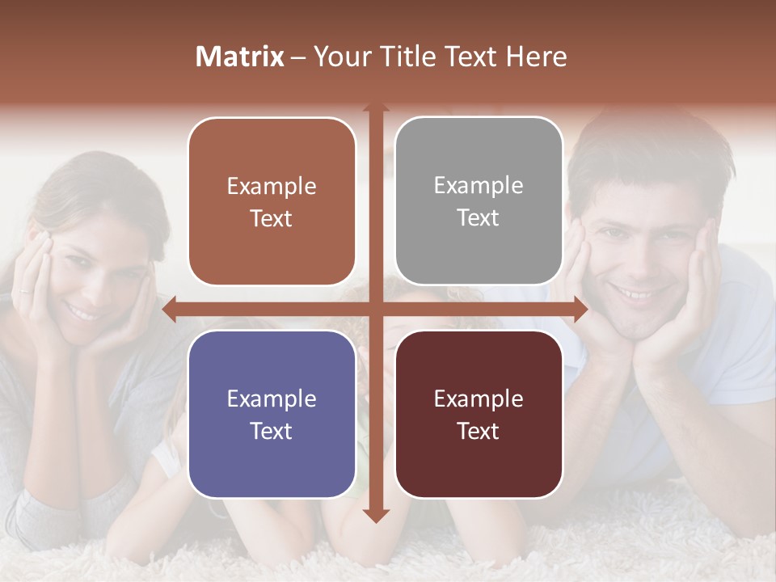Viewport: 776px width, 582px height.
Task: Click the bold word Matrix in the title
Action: pyautogui.click(x=240, y=57)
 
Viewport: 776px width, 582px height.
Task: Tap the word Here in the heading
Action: pyautogui.click(x=536, y=57)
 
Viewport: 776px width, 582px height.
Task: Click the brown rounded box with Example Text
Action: pyautogui.click(x=272, y=201)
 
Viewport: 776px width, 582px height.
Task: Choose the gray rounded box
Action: pyautogui.click(x=479, y=201)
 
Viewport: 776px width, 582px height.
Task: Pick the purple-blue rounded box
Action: pyautogui.click(x=272, y=414)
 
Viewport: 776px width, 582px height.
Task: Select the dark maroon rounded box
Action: pyautogui.click(x=479, y=414)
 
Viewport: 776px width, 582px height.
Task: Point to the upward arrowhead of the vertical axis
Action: pyautogui.click(x=376, y=108)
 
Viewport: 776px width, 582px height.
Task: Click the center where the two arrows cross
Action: pyautogui.click(x=376, y=310)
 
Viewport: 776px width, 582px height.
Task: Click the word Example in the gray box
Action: pyautogui.click(x=479, y=185)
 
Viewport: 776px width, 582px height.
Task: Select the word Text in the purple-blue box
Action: pyautogui.click(x=272, y=431)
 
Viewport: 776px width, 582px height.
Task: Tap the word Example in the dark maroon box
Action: pyautogui.click(x=479, y=399)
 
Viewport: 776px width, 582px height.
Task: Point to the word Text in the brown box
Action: pyautogui.click(x=272, y=218)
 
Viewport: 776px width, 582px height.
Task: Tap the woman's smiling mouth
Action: pyautogui.click(x=83, y=310)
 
